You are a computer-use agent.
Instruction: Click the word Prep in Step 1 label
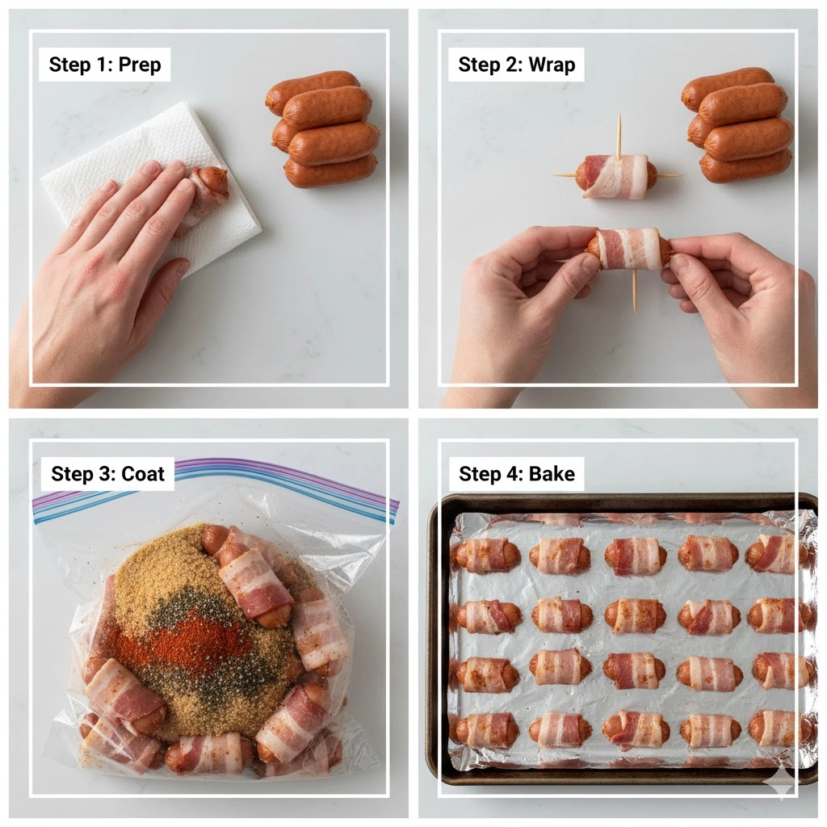point(140,65)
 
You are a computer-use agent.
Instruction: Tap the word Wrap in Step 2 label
point(552,65)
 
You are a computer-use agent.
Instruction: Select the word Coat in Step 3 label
point(143,473)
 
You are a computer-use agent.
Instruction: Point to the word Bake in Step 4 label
point(552,473)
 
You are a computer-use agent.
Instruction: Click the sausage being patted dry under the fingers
point(208,190)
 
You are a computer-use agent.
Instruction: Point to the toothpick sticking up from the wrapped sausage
point(619,134)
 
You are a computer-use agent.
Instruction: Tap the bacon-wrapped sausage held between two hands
point(628,249)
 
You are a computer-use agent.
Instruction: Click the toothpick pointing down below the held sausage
point(635,292)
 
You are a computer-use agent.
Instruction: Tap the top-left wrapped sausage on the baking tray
point(487,556)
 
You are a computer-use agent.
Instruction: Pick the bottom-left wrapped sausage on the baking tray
point(486,730)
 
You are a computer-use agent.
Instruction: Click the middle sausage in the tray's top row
point(635,556)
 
